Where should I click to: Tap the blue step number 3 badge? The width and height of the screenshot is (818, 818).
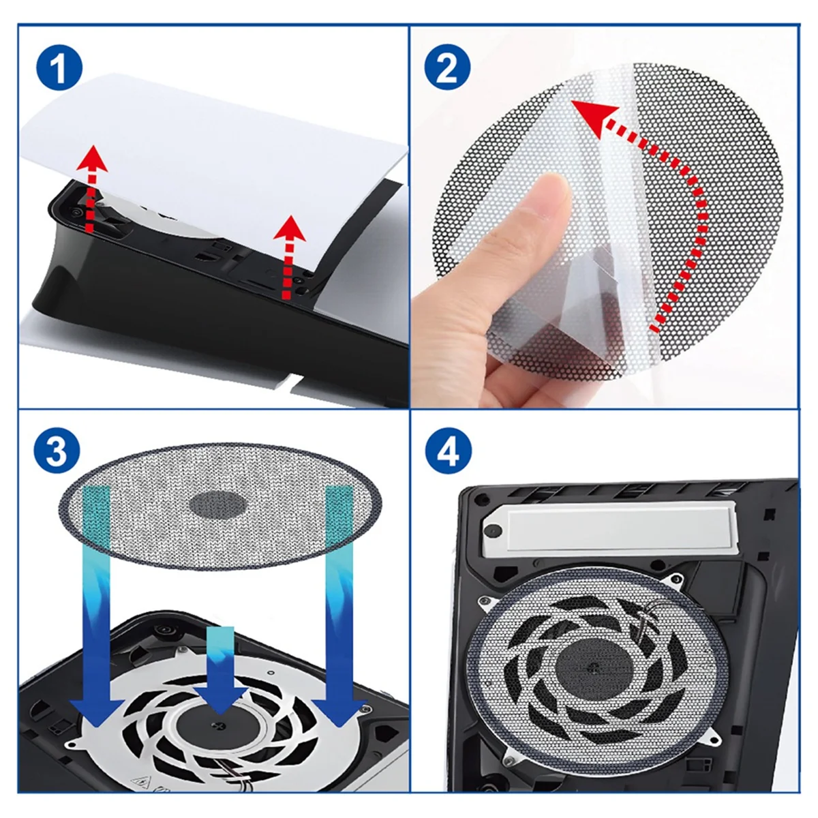tap(58, 451)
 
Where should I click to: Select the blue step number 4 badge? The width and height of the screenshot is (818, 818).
tap(447, 451)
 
